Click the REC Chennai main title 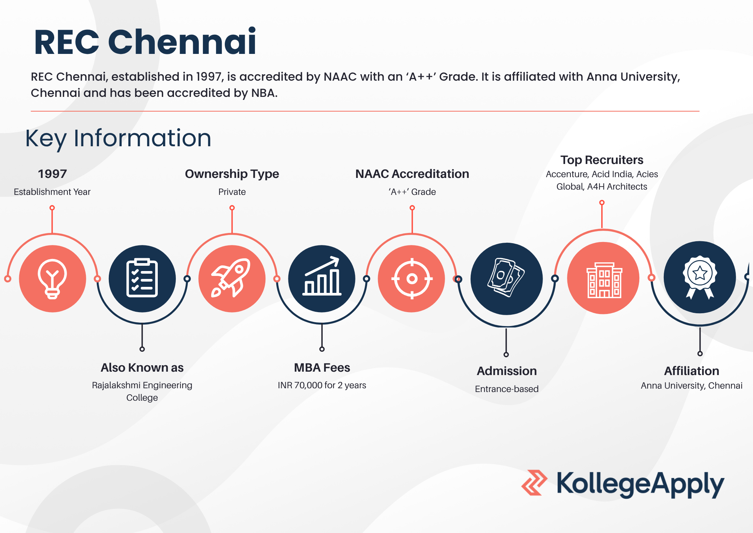tap(145, 42)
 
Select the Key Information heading tap(118, 138)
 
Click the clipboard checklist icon tap(142, 278)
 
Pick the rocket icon tap(231, 278)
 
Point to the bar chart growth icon tap(322, 276)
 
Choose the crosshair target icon tap(412, 279)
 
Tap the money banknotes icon tap(506, 278)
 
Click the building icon tap(604, 280)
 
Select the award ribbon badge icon tap(700, 277)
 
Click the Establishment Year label tap(52, 192)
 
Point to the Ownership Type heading tap(232, 174)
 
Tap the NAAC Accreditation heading tap(412, 174)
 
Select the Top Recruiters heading tap(602, 160)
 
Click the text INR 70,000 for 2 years tap(322, 385)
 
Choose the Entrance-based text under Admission tap(507, 389)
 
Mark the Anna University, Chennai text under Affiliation tap(692, 386)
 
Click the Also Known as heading tap(142, 368)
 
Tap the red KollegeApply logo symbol tap(534, 482)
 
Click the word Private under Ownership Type tap(232, 192)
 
